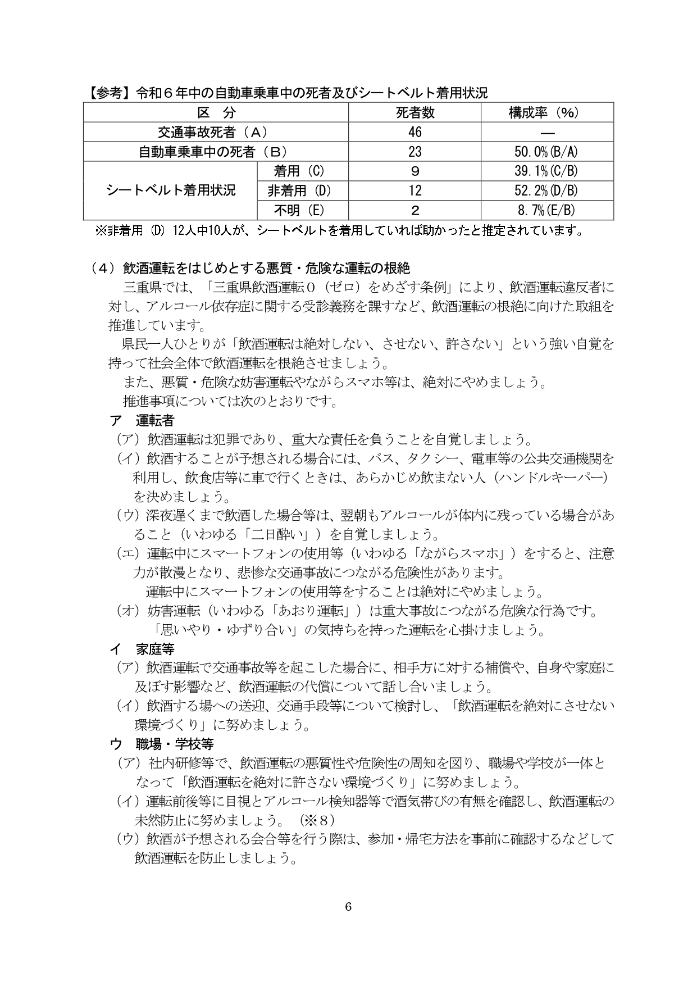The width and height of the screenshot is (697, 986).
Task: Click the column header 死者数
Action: click(414, 113)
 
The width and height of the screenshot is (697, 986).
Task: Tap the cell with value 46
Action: click(414, 133)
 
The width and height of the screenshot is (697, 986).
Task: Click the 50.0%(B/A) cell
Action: click(546, 152)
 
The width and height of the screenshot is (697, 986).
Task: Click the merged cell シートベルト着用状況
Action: click(170, 190)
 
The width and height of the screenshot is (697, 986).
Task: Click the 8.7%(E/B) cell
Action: click(546, 211)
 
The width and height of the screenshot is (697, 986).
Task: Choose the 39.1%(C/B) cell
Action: click(546, 171)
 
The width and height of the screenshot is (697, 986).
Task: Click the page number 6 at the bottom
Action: click(348, 906)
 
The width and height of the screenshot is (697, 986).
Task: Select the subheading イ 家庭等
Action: click(142, 649)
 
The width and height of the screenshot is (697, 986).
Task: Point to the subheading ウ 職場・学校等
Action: click(162, 744)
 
